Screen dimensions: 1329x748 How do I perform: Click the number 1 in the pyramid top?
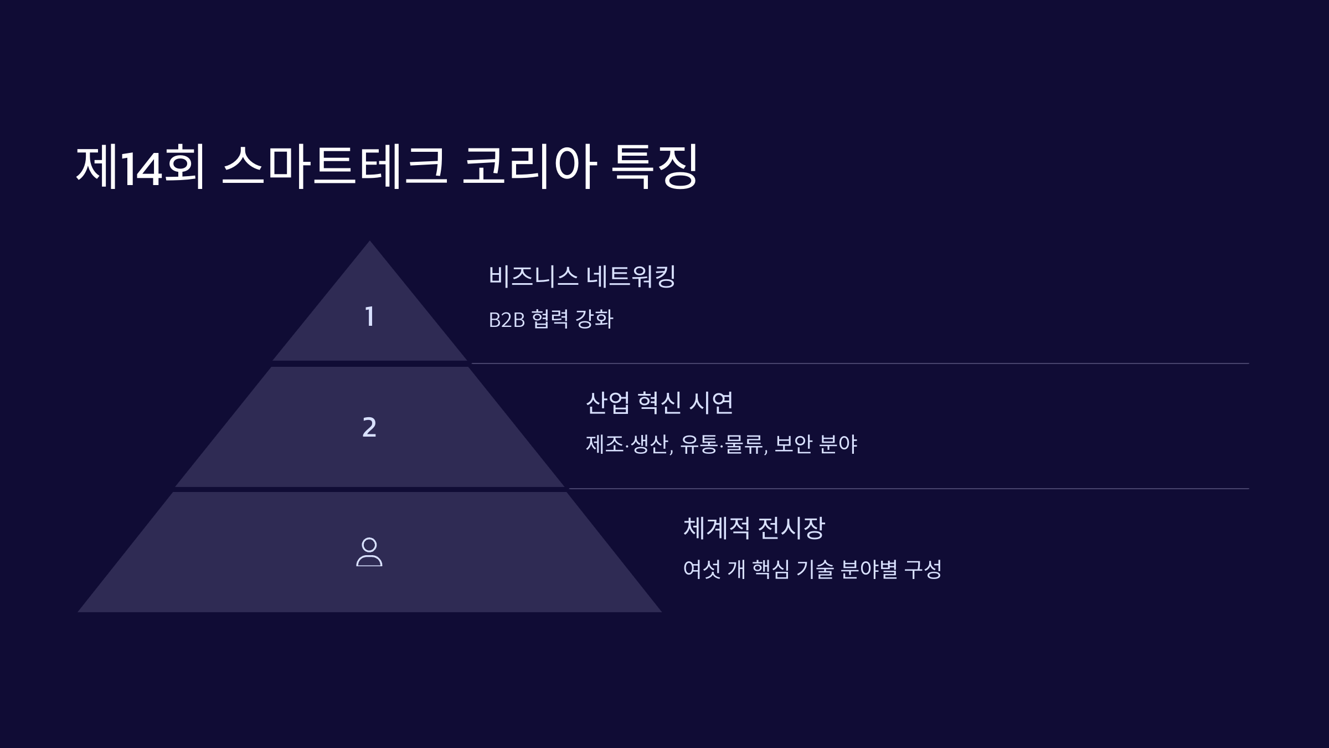[x=369, y=317]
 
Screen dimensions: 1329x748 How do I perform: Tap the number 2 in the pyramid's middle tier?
[x=369, y=427]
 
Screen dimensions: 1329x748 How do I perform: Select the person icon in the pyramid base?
[x=369, y=552]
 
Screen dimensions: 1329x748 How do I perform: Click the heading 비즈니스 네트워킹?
[x=581, y=276]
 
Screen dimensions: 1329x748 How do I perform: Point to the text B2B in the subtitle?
[x=506, y=320]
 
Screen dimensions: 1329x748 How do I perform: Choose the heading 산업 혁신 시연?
[x=659, y=402]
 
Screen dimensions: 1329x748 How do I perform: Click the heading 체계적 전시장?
[x=754, y=527]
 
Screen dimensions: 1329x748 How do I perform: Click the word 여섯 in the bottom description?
[x=702, y=569]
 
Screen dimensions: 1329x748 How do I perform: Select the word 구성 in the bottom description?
[x=923, y=569]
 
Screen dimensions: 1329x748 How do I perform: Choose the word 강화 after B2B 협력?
[x=594, y=319]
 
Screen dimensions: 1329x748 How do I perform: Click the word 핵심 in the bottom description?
[x=771, y=569]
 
